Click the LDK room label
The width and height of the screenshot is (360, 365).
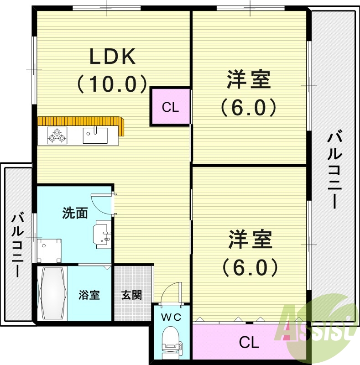click(x=112, y=57)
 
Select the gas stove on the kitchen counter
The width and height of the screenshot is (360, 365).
click(x=57, y=136)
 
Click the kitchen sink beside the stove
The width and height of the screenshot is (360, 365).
click(x=95, y=136)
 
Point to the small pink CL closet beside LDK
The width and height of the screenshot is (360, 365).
click(x=170, y=107)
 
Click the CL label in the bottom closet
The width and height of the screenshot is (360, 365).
click(x=249, y=341)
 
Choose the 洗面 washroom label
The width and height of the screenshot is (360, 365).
click(x=75, y=213)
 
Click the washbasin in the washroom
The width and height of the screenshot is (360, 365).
click(x=102, y=234)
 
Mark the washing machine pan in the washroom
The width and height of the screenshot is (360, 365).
click(x=49, y=250)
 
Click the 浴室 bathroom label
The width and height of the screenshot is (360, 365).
click(x=89, y=295)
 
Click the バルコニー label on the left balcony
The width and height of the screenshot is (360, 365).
click(x=18, y=244)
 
